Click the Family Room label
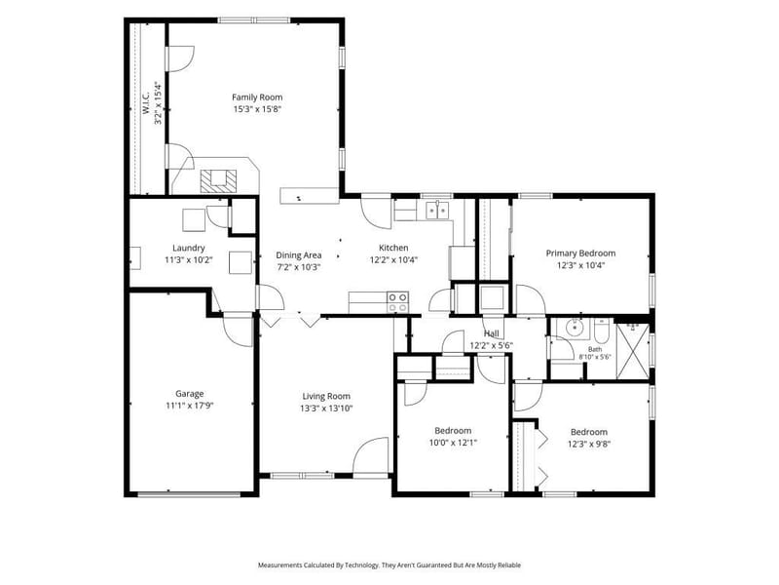257,97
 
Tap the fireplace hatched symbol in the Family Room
218,181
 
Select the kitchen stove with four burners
398,302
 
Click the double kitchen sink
437,210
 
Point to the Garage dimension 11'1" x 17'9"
189,406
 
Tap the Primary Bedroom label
580,253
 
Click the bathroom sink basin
575,328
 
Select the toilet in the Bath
601,331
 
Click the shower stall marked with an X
632,351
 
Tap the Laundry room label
189,248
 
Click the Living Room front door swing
371,455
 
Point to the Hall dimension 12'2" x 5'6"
492,346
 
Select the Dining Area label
299,255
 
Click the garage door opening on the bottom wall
189,494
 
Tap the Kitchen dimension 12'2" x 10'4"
393,259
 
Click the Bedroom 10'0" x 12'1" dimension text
453,443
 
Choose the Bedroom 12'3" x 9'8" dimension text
589,444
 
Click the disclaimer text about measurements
389,565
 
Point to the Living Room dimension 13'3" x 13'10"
326,409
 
